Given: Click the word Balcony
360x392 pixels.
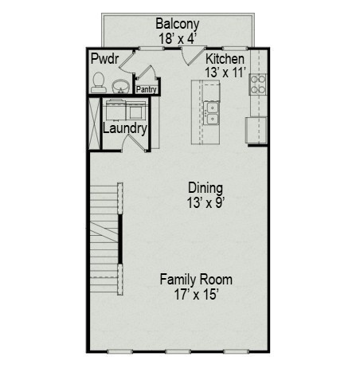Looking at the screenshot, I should tap(178, 24).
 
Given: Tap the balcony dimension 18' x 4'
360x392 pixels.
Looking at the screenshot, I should tap(178, 37).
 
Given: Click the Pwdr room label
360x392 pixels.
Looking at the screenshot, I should tap(104, 59).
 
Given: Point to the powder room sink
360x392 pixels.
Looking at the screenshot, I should tap(122, 84).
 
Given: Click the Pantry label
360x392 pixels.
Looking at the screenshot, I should tap(146, 89).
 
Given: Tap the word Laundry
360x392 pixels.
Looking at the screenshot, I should tap(124, 128).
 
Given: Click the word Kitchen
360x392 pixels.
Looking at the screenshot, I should tap(225, 59).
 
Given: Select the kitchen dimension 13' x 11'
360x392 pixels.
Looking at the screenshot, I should tap(225, 72).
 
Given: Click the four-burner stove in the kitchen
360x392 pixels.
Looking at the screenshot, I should tap(258, 84).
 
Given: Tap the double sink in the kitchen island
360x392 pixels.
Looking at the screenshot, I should tap(211, 113).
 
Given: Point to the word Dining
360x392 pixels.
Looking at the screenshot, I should tap(205, 187).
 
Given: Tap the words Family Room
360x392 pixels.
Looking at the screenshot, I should tap(196, 280).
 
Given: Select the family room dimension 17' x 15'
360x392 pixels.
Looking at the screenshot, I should tap(196, 294).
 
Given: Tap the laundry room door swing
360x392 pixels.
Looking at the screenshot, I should tap(133, 144).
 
